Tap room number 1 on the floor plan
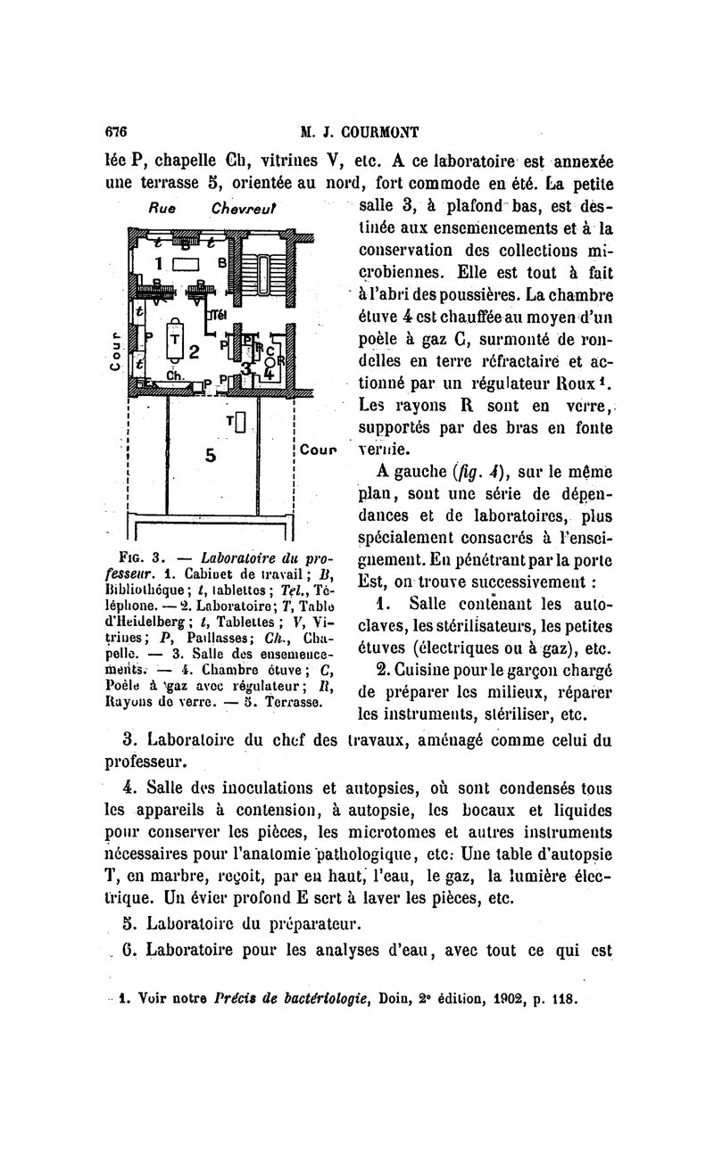point(160,265)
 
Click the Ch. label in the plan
point(175,375)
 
